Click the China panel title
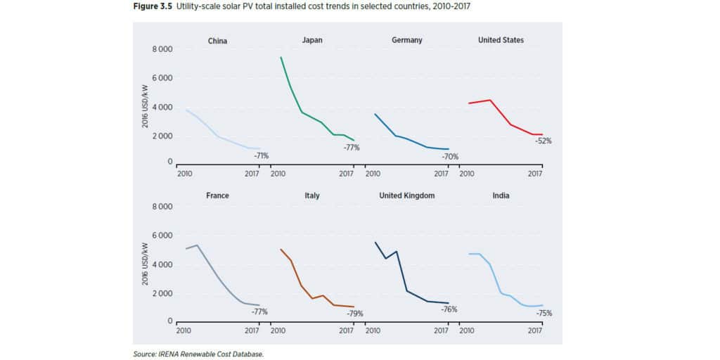217,41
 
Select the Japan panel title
312,40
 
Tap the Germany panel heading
407,40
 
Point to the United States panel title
501,40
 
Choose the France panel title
217,195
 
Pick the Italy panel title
312,195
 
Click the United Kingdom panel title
407,195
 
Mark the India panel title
501,195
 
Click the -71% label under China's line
261,155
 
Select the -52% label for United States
544,141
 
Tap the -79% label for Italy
354,314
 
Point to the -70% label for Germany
450,156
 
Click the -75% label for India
544,314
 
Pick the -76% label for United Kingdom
449,309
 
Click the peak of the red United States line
490,100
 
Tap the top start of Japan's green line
281,57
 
